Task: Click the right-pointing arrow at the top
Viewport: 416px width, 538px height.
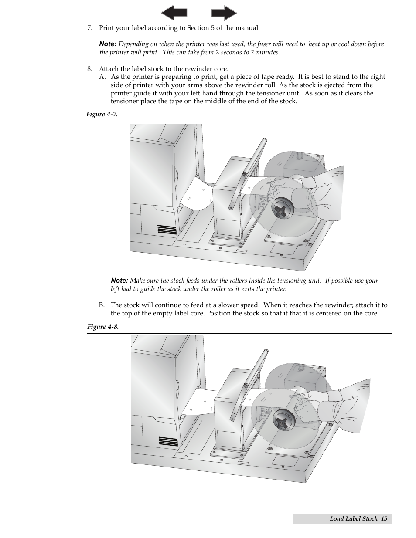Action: [x=224, y=13]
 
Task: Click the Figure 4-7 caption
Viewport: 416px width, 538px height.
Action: [x=102, y=114]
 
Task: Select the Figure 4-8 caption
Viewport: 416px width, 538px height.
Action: [x=103, y=327]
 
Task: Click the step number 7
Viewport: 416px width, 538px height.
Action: [x=89, y=28]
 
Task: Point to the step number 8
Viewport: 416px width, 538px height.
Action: [x=89, y=69]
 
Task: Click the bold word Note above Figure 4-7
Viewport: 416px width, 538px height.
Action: [x=107, y=44]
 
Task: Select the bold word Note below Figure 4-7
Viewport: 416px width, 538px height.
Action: [x=119, y=281]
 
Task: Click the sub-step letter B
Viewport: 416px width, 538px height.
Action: [x=102, y=305]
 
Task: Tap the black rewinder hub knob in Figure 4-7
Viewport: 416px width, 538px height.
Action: [x=282, y=208]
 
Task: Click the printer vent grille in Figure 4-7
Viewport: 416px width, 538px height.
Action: [x=167, y=230]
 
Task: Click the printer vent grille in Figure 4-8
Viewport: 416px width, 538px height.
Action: [x=168, y=441]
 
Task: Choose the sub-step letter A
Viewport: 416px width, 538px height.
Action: [x=102, y=77]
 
